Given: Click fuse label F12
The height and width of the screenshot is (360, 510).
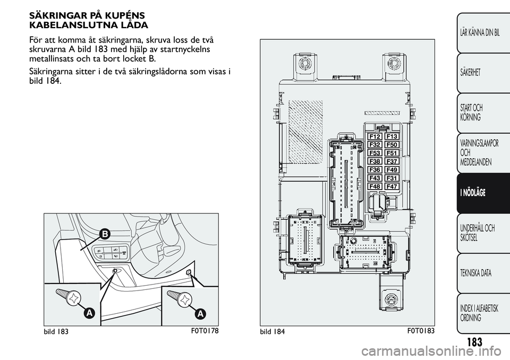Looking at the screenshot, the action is coord(375,136).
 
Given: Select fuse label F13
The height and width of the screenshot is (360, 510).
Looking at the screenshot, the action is coord(392,136).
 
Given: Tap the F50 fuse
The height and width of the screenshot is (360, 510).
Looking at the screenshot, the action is coord(392,145).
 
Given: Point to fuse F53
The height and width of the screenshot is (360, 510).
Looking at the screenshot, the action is coord(375,153).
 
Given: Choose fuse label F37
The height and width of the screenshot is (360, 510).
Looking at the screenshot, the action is coord(392,161).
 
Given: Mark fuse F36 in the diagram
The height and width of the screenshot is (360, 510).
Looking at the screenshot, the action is coord(375,170).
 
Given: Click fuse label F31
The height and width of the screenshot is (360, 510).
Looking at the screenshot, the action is coord(392,178).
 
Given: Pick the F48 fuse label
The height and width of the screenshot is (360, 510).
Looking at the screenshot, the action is coord(375,186).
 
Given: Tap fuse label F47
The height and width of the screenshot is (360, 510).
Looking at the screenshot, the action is coord(392,186).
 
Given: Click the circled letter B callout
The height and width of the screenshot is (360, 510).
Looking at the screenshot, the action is coord(105,234).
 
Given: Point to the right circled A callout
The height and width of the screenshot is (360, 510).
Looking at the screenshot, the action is coord(200,313).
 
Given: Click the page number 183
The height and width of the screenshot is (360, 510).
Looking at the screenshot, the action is coord(474,342).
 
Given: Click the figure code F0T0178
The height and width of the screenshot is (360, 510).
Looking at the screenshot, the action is coord(204,331).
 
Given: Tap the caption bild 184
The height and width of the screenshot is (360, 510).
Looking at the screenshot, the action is coord(272,331).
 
